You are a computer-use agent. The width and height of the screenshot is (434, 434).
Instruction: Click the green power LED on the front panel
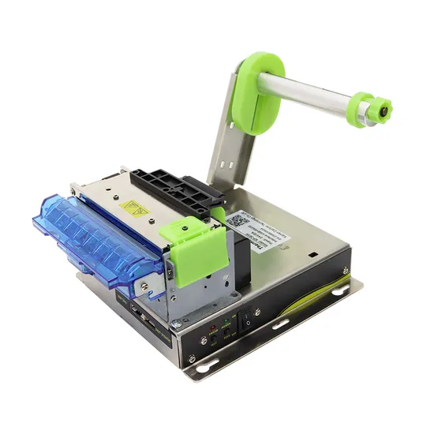coord(226,321)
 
